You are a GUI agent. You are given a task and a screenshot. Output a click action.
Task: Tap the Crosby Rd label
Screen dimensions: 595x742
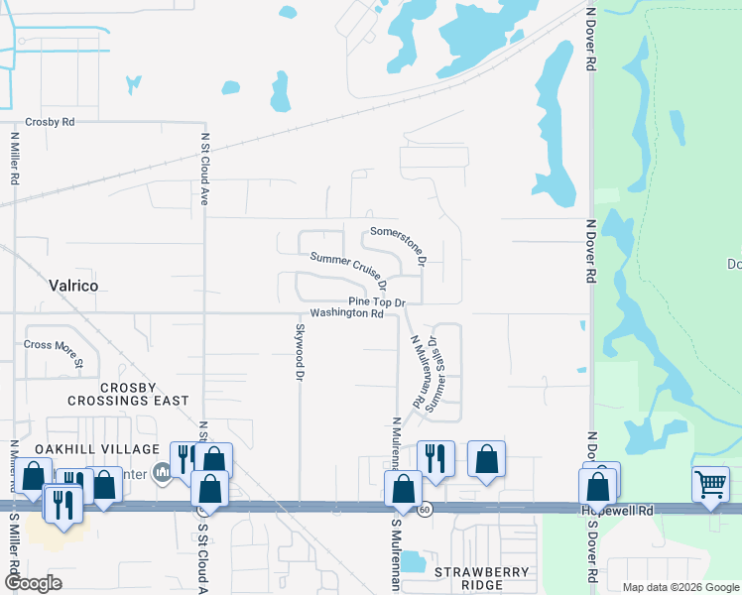pyautogui.click(x=51, y=122)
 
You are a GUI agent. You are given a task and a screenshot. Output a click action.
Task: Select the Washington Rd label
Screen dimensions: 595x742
pyautogui.click(x=346, y=313)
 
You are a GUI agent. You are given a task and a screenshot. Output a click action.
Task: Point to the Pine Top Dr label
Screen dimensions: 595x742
pyautogui.click(x=377, y=301)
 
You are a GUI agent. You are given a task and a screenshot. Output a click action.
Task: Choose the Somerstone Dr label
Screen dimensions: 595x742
pyautogui.click(x=397, y=244)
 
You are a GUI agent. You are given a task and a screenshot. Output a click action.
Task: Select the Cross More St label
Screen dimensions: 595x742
pyautogui.click(x=54, y=351)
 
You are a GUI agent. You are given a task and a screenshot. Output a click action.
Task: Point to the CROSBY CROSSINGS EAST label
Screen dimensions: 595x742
pyautogui.click(x=128, y=393)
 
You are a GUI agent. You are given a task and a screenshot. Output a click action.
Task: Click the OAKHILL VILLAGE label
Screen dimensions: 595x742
pyautogui.click(x=84, y=449)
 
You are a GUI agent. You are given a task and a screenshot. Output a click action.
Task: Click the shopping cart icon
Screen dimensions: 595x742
pyautogui.click(x=710, y=485)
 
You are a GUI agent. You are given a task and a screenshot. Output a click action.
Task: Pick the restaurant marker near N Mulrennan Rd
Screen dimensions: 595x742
pyautogui.click(x=435, y=457)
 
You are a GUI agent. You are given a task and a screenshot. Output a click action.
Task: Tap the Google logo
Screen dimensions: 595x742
pyautogui.click(x=33, y=583)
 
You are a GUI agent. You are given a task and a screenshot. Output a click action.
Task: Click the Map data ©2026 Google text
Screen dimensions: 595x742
pyautogui.click(x=680, y=587)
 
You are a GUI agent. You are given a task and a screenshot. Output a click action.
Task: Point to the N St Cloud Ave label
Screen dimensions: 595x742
pyautogui.click(x=204, y=169)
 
